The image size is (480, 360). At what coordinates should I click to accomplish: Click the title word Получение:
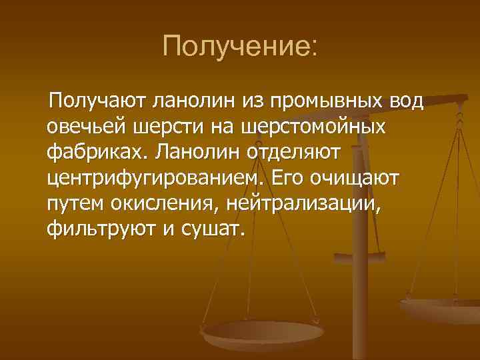pos(241,46)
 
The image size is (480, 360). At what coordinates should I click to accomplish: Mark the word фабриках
pos(97,153)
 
